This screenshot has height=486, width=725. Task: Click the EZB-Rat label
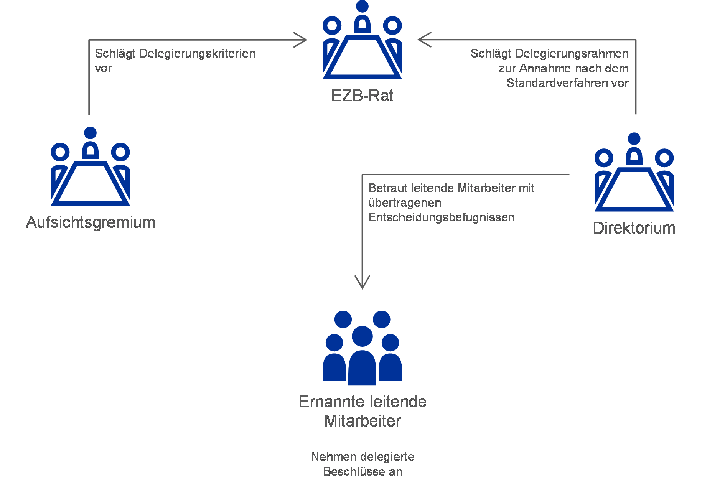[x=362, y=96]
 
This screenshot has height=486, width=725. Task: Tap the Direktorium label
[x=634, y=228]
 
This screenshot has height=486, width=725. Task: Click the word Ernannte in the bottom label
[x=330, y=402]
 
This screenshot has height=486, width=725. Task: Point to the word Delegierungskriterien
[x=197, y=54]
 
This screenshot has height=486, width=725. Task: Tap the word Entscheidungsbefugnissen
[x=442, y=217]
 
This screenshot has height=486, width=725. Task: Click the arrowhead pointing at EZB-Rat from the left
[x=301, y=40]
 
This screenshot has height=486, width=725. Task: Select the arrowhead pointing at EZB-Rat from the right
[x=425, y=40]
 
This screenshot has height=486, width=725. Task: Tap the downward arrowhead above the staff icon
[x=362, y=282]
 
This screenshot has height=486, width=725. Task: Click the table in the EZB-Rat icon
[x=362, y=58]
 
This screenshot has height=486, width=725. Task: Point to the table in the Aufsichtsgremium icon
[x=90, y=184]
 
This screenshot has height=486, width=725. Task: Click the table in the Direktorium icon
[x=634, y=189]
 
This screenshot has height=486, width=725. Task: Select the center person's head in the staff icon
[x=362, y=336]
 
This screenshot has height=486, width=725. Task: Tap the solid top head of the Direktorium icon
[x=634, y=139]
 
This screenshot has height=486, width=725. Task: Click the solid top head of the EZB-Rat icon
[x=362, y=7]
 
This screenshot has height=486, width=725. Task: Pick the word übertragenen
[x=405, y=203]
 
